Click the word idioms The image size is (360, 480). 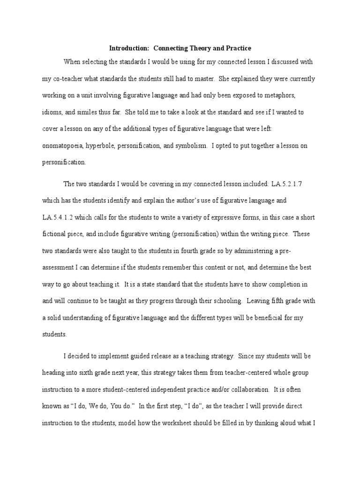(x=52, y=112)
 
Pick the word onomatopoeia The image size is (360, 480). (x=64, y=146)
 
